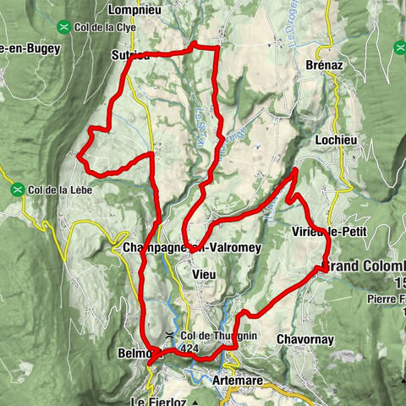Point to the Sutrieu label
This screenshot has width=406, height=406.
(x=129, y=56)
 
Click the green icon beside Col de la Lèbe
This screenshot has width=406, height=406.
(x=17, y=189)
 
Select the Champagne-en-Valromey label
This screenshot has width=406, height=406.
(x=180, y=248)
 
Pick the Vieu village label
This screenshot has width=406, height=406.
(x=205, y=275)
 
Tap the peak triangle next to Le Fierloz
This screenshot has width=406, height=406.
(x=196, y=400)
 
